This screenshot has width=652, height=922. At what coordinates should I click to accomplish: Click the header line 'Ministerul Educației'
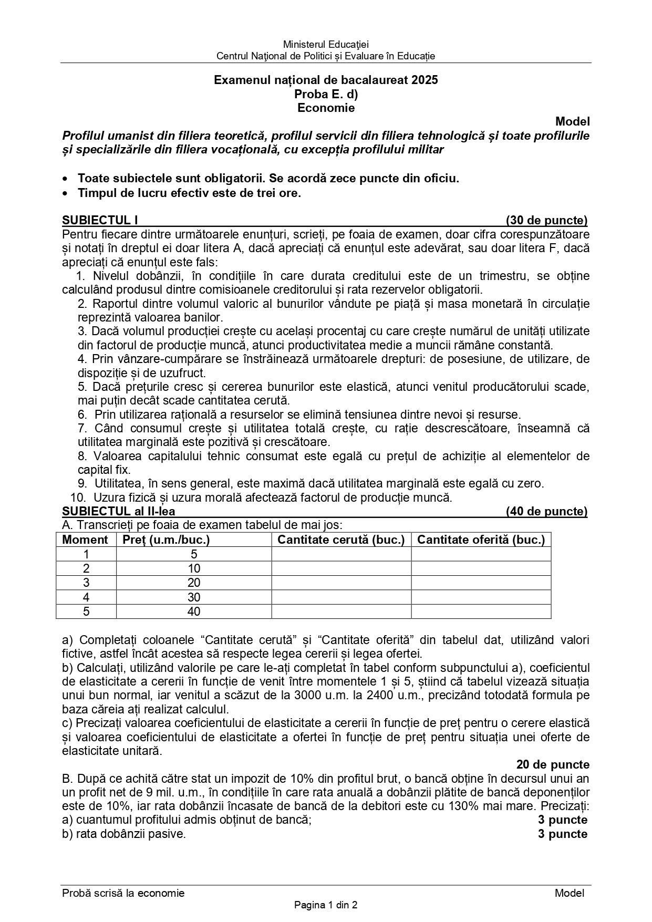tap(326, 45)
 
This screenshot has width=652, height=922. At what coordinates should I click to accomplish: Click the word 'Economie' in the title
tap(326, 108)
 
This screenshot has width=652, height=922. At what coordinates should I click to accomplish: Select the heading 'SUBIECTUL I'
tap(100, 220)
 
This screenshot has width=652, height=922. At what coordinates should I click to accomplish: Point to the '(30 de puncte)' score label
tap(546, 220)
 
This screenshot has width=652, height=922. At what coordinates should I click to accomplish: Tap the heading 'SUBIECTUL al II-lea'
tap(119, 511)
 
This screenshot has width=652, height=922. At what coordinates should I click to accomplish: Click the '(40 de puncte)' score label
tap(546, 511)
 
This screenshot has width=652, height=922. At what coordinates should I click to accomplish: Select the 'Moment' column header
tap(85, 540)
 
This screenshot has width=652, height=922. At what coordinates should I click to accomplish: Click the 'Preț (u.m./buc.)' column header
tap(166, 540)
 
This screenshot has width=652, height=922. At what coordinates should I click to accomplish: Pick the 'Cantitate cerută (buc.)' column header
tap(341, 540)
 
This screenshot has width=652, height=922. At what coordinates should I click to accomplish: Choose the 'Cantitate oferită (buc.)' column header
tap(481, 540)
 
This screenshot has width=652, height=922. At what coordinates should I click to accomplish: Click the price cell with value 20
tap(194, 583)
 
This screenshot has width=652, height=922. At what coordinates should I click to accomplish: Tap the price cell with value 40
tap(194, 612)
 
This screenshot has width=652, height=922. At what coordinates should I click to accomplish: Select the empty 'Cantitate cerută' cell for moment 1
tap(341, 554)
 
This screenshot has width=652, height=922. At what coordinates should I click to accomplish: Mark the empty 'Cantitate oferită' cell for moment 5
tap(481, 612)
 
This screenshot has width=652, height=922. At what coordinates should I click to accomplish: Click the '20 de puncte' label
tap(553, 764)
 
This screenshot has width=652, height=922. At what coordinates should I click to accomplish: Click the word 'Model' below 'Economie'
tap(573, 121)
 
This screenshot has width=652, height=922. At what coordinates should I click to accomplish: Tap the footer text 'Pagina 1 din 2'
tap(326, 905)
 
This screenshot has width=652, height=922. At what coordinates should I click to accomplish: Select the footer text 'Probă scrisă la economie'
tap(123, 893)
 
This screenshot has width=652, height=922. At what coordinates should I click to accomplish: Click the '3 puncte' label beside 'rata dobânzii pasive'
tap(562, 834)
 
